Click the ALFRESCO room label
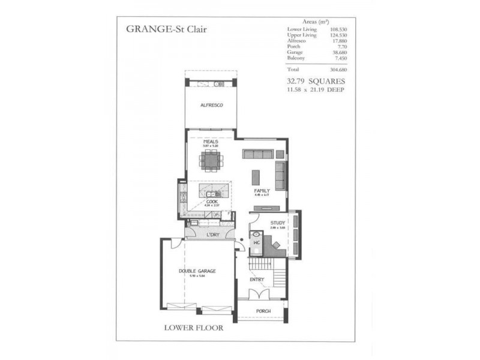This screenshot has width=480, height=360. coord(212,106)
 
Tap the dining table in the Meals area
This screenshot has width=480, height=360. coord(211,160)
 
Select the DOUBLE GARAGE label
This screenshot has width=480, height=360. coord(197,271)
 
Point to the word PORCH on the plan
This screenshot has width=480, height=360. coord(263,311)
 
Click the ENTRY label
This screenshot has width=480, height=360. coord(257,280)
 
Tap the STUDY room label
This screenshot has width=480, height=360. coord(277,223)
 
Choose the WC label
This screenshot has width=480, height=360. coord(256,242)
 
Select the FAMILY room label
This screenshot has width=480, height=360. coord(263,190)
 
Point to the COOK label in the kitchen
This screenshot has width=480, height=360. coord(212,202)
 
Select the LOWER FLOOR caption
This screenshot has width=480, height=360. coord(193,328)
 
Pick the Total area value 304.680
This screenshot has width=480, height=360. coord(338,69)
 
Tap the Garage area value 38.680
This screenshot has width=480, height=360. coord(340,53)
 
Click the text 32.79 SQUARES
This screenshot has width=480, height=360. coord(317,80)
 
